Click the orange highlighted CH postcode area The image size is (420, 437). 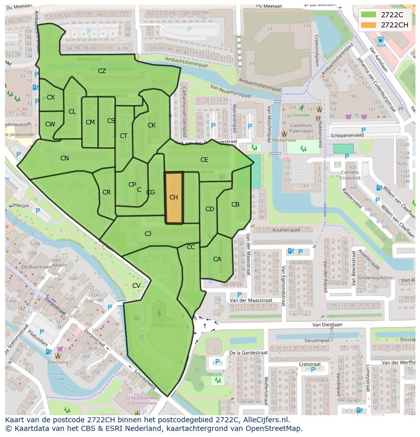point(173,198)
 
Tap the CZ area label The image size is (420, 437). point(102,71)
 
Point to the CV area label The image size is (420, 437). point(136,286)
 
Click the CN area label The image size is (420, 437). point(64,158)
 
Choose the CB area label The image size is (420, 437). point(235,205)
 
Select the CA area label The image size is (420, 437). point(217,259)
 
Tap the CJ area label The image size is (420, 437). point(148,234)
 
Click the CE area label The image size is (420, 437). point(204,159)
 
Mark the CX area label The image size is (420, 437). point(51,97)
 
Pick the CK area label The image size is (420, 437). point(152,125)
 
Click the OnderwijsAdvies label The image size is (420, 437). point(376,278)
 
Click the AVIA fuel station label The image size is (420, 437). point(381,45)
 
